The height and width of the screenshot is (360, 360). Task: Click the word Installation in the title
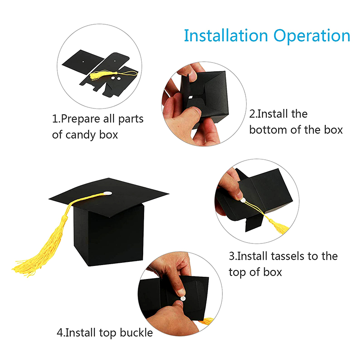click(226, 36)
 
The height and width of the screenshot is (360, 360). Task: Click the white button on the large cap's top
click(108, 193)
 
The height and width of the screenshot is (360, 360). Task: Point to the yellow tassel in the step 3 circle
click(279, 226)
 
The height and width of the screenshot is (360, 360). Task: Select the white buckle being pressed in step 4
click(183, 299)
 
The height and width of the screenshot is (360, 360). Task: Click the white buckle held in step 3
click(243, 201)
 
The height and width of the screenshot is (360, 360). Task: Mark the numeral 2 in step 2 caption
click(252, 114)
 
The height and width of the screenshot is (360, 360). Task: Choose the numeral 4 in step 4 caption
click(60, 333)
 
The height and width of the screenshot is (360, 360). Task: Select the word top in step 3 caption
click(237, 273)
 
